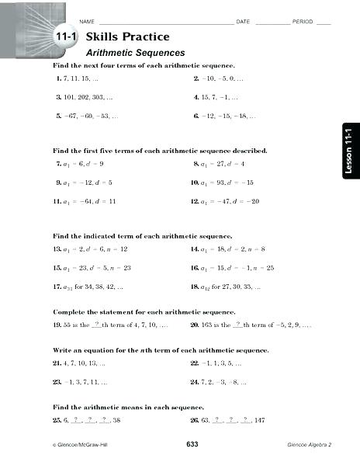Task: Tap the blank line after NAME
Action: click(x=163, y=21)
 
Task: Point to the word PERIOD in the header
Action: click(x=302, y=21)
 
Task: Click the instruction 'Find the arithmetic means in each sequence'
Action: click(x=128, y=406)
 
